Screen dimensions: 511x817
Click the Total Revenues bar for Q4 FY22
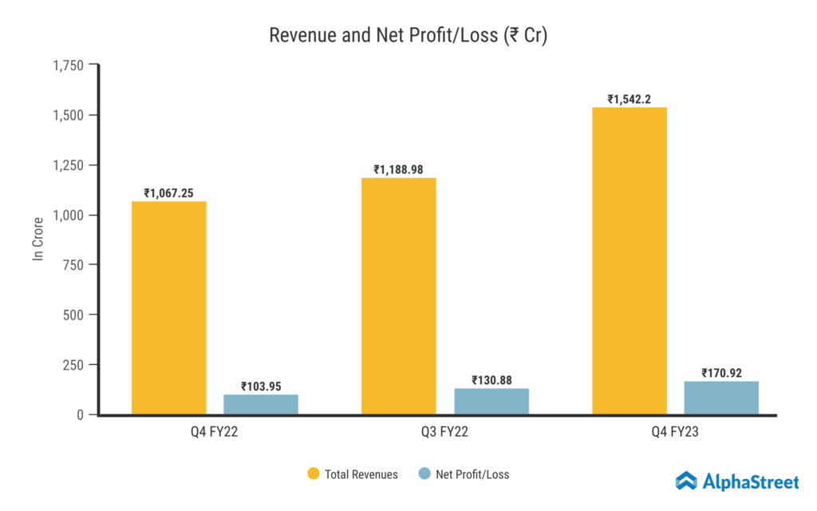pyautogui.click(x=169, y=308)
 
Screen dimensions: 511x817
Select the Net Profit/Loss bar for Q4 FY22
pyautogui.click(x=261, y=405)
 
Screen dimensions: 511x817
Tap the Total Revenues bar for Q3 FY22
pyautogui.click(x=399, y=296)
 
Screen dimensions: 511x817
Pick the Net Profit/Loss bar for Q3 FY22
pyautogui.click(x=491, y=402)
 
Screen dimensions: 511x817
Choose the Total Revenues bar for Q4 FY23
pyautogui.click(x=630, y=261)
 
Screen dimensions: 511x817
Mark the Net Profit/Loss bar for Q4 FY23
pyautogui.click(x=721, y=398)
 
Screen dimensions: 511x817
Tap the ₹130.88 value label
pyautogui.click(x=491, y=380)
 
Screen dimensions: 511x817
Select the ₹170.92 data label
pyautogui.click(x=722, y=373)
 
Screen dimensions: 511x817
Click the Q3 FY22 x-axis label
pyautogui.click(x=445, y=432)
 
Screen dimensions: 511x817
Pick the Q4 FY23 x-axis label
pyautogui.click(x=675, y=432)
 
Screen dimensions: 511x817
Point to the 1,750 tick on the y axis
pyautogui.click(x=68, y=65)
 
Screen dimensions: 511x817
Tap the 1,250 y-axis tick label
pyautogui.click(x=68, y=165)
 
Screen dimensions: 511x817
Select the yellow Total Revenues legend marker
pyautogui.click(x=314, y=474)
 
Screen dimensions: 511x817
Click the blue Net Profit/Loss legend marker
pyautogui.click(x=424, y=474)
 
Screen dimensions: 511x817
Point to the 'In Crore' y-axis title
pyautogui.click(x=37, y=240)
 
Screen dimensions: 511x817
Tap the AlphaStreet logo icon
pyautogui.click(x=686, y=480)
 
